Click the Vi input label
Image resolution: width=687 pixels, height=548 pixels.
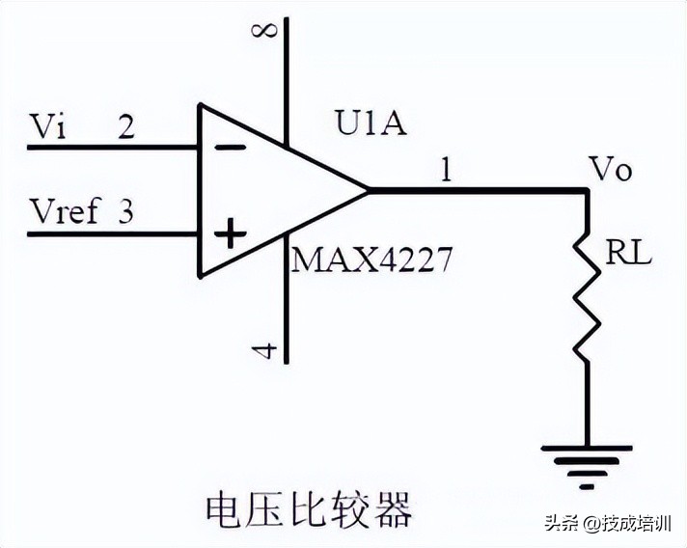49,126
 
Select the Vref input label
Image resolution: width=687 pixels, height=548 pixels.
65,211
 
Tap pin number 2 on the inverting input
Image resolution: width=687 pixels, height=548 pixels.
125,126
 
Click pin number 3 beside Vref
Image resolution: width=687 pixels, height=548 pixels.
125,211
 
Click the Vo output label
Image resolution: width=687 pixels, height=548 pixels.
610,171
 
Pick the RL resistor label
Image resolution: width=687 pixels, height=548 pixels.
628,254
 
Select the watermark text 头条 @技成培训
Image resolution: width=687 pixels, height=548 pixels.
607,524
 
